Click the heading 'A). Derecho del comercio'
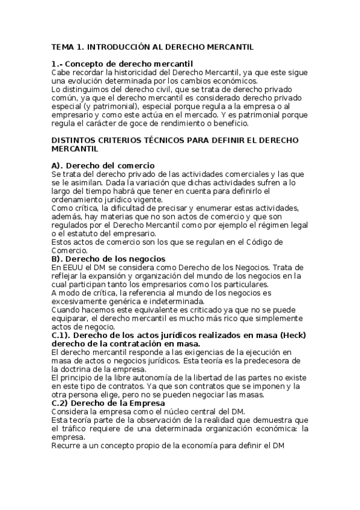pos(103,165)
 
